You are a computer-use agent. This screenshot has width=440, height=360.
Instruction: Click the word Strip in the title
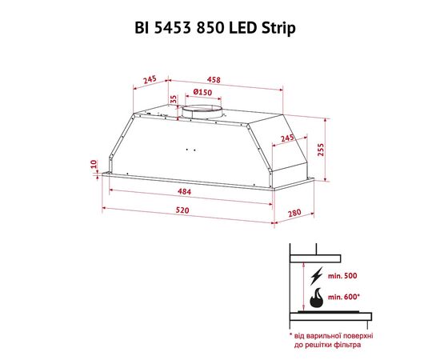click(x=278, y=28)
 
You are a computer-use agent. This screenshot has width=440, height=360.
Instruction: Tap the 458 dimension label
click(x=214, y=80)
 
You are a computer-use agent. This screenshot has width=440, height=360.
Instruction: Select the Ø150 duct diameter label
click(x=202, y=92)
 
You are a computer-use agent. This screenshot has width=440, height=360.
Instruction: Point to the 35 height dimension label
click(x=174, y=99)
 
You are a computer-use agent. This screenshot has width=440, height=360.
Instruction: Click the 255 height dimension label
click(x=320, y=150)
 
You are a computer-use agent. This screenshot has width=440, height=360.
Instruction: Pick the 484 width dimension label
click(x=184, y=192)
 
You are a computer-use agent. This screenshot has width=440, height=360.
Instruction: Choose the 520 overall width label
click(x=182, y=210)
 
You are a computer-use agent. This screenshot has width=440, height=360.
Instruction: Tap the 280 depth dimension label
click(x=294, y=214)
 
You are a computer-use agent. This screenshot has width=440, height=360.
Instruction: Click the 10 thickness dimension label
click(x=94, y=163)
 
